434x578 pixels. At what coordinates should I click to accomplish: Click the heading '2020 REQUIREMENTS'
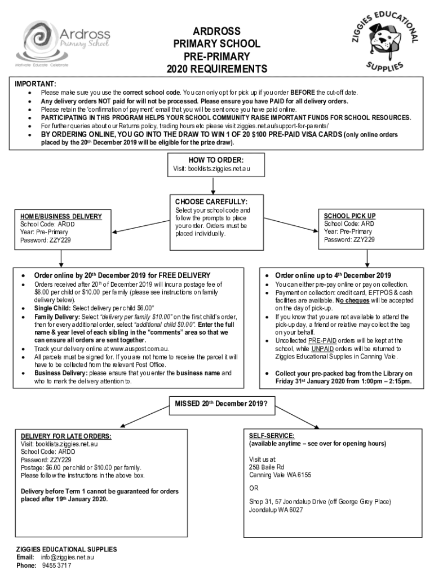click(x=216, y=69)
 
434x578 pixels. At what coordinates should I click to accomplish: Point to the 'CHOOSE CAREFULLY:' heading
click(x=211, y=202)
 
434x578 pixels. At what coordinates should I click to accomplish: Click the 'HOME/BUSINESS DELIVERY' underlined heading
click(x=61, y=216)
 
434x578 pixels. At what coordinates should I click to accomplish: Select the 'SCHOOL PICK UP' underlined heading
click(x=349, y=216)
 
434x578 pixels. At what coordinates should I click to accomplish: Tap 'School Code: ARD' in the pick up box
click(x=348, y=224)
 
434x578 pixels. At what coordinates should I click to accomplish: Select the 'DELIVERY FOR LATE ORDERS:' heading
click(x=66, y=436)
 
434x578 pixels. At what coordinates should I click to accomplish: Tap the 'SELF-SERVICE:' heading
click(x=271, y=436)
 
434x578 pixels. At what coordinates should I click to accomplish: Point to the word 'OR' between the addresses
click(x=254, y=488)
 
